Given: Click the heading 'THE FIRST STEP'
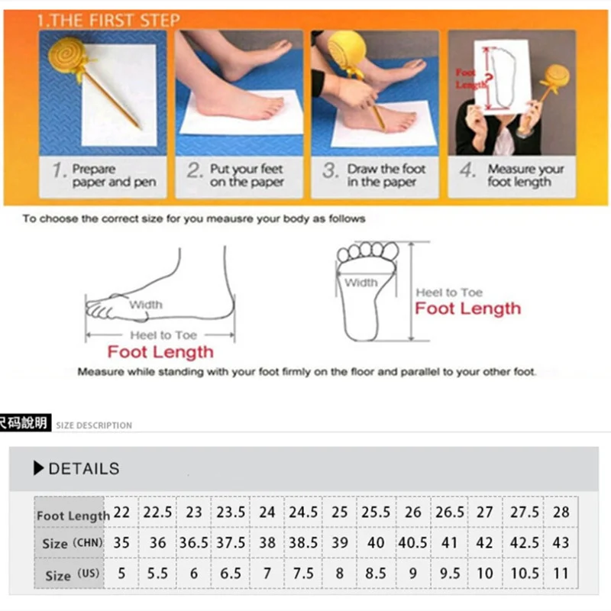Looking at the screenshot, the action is [115, 21].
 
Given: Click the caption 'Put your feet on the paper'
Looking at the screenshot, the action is [247, 176].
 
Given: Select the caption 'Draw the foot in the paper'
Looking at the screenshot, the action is [386, 176].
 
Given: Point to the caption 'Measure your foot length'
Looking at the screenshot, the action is [525, 176].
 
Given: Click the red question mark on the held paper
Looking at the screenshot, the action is [489, 79].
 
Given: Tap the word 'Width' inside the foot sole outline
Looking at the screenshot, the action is [360, 283].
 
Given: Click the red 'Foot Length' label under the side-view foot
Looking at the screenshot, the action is [160, 352].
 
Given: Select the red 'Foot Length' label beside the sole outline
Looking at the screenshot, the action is [467, 309].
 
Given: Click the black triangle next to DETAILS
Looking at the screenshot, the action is [38, 468].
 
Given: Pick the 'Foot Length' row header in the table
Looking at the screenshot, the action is [73, 516].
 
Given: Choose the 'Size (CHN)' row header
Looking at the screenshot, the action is [73, 543].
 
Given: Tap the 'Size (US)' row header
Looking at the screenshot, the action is [73, 574].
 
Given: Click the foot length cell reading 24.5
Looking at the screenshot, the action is [303, 512].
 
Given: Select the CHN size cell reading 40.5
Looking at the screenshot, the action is [412, 542].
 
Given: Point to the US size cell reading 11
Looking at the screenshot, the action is [561, 574].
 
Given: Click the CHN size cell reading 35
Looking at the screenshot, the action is [121, 542].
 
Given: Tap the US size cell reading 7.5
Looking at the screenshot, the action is [303, 574].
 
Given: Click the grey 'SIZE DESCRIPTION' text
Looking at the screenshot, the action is [94, 425].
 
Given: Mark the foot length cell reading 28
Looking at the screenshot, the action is [561, 512].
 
